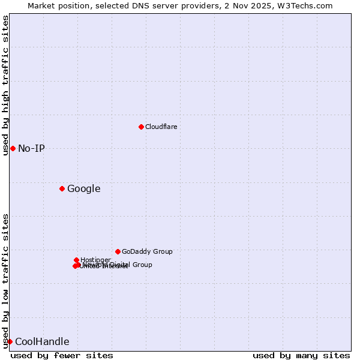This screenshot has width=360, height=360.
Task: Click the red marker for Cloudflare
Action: coord(141,127)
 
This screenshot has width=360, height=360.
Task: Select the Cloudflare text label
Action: coord(161,127)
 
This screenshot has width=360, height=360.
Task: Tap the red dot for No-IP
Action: coord(13,148)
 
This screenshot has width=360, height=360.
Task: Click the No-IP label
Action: coord(31,149)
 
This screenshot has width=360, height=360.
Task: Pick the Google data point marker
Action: coord(62,188)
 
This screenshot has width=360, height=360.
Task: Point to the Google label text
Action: coord(83,189)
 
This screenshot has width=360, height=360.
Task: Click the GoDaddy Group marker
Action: coord(118,251)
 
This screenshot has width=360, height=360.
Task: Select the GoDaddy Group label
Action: coord(147,252)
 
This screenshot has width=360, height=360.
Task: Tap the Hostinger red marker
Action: coord(76,260)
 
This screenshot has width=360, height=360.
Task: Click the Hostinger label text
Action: coord(95,260)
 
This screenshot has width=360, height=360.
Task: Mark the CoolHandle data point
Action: coord(10,341)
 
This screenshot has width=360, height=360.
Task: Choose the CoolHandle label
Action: coord(42,342)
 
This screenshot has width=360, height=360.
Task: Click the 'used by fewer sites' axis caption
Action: coord(62,355)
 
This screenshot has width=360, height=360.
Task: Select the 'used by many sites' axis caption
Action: coord(301,355)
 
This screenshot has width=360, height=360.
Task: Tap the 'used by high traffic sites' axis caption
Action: coord(5,85)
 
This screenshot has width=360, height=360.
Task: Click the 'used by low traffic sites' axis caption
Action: coord(5,280)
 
